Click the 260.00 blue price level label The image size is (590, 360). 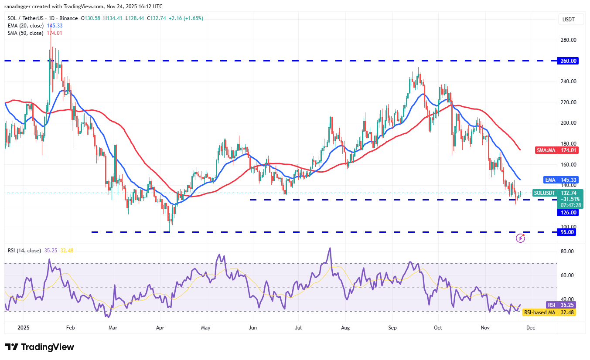click(x=569, y=61)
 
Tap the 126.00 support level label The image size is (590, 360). click(x=569, y=213)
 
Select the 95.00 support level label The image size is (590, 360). click(x=569, y=232)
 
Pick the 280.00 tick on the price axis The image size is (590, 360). click(x=569, y=40)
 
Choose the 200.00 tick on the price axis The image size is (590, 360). click(x=569, y=123)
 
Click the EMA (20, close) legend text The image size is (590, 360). click(x=26, y=26)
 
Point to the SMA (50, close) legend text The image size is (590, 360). click(x=26, y=33)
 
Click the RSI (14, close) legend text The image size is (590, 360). click(x=25, y=251)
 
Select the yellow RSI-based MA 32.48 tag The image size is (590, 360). click(x=549, y=312)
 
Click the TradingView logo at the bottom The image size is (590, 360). click(x=40, y=347)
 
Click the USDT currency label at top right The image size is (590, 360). click(x=568, y=20)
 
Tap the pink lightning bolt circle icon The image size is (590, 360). click(x=520, y=238)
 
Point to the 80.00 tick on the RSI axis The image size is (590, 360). click(x=567, y=251)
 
